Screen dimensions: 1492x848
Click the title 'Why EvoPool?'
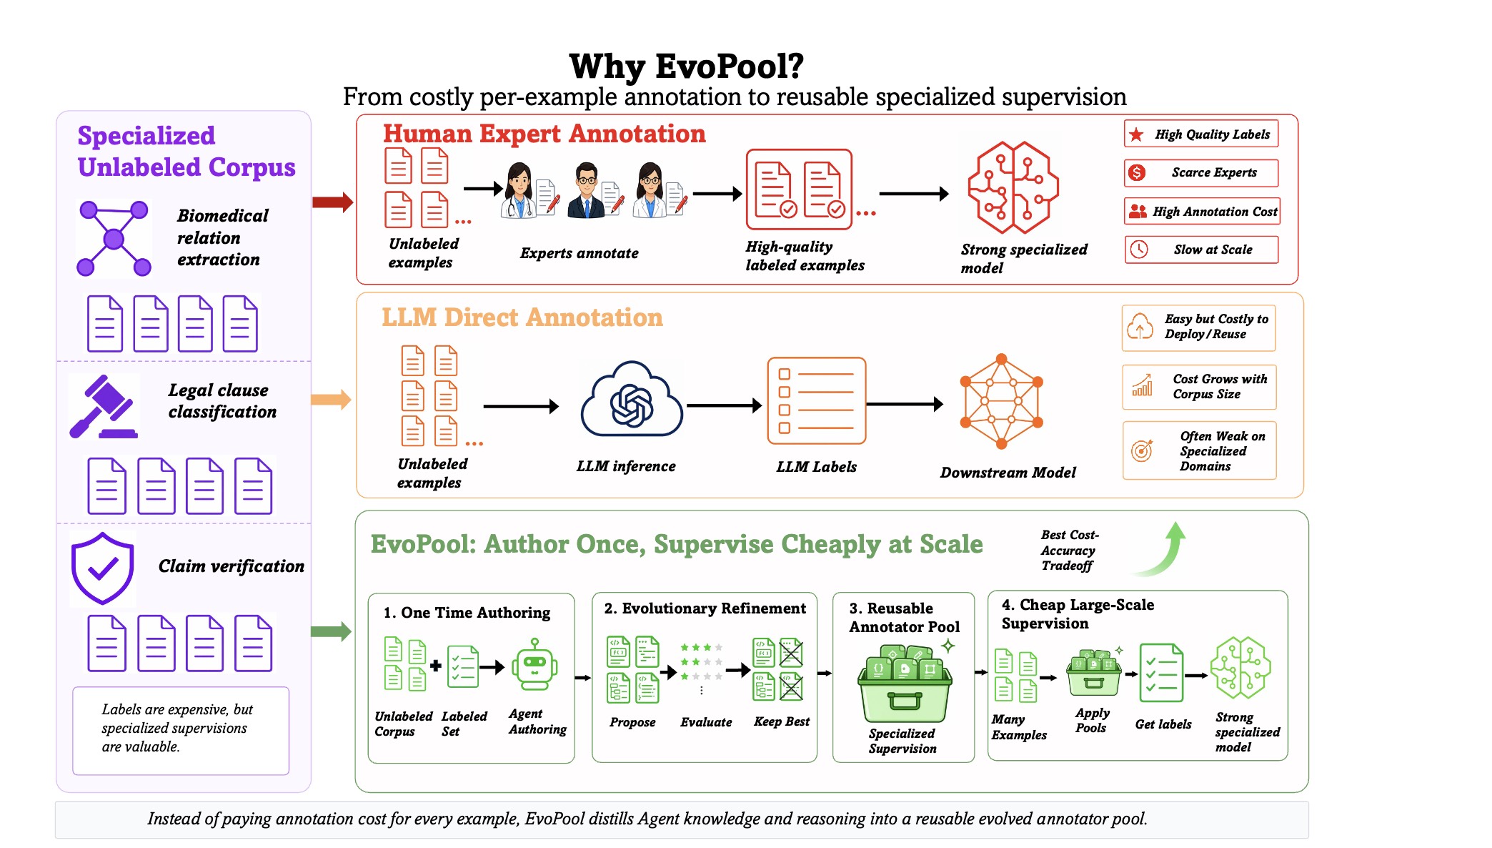[686, 66]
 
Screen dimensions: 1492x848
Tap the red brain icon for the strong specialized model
[1013, 187]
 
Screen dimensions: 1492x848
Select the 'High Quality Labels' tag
[1201, 134]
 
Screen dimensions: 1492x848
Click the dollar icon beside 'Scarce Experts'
[1137, 172]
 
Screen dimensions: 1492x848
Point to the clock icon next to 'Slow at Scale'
[1139, 250]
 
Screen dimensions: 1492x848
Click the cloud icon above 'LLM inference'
[632, 400]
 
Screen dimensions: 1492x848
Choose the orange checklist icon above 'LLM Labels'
[817, 401]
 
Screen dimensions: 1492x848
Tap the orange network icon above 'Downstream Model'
[1001, 401]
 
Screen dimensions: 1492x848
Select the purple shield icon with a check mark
[103, 568]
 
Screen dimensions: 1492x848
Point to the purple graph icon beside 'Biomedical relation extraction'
[114, 238]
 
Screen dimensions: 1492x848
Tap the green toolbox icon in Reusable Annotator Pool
[905, 684]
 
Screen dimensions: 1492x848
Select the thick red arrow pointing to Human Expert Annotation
[333, 202]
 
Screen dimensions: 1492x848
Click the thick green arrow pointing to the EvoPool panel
[332, 631]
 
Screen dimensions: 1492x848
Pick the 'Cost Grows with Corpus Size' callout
[1199, 387]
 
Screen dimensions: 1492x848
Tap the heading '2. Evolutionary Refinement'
[705, 608]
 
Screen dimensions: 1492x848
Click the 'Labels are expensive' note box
[181, 731]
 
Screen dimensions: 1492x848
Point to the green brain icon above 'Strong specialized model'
[1241, 668]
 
